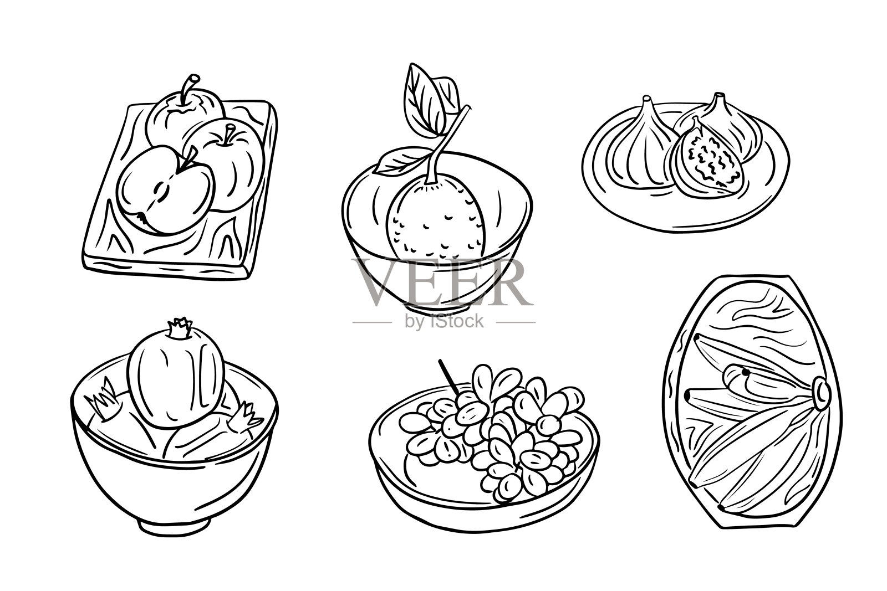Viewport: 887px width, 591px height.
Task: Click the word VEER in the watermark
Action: click(441, 282)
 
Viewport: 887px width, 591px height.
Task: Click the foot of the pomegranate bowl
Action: click(174, 527)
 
